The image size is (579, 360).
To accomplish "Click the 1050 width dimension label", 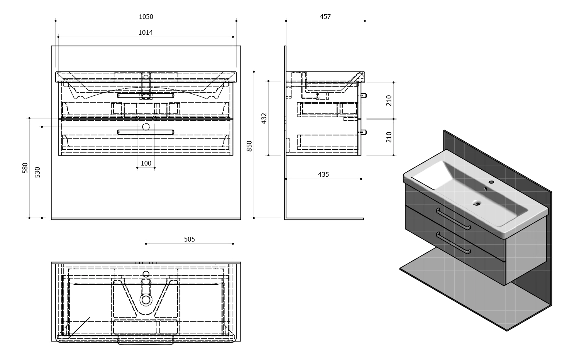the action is click(146, 17).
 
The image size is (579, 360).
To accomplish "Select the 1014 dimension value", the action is click(146, 32).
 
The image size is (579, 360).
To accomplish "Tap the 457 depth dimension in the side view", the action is click(325, 17).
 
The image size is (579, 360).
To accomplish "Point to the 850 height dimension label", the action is click(249, 146).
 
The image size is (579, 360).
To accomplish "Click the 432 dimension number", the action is click(264, 118).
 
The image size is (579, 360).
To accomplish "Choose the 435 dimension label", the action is click(323, 175).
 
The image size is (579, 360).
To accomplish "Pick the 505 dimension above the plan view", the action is click(190, 240).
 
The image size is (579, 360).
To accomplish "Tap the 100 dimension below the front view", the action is click(146, 164).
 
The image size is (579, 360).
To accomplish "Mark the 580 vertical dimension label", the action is click(25, 168).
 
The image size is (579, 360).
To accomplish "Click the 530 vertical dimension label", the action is click(37, 172).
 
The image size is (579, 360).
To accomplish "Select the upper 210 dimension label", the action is click(389, 101).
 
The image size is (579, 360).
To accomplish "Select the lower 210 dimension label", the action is click(389, 137).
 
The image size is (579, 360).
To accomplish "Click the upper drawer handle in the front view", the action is click(146, 96).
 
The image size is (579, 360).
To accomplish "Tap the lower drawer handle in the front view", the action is click(146, 132).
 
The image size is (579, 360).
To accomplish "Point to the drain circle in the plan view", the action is click(146, 300).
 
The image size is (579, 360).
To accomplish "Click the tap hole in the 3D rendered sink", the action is click(491, 182).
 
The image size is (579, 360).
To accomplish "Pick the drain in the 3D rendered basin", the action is click(477, 204).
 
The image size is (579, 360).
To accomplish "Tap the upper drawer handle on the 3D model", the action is click(453, 219).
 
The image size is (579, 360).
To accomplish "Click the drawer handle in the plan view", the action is click(146, 341).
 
